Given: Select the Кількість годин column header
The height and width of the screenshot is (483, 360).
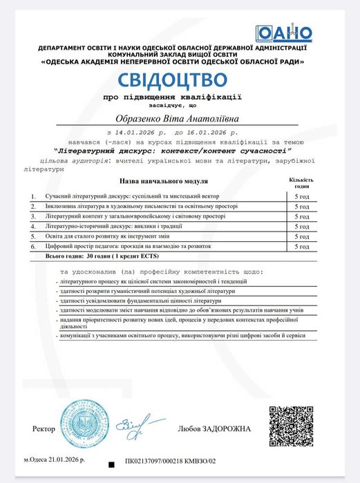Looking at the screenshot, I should coord(301,182).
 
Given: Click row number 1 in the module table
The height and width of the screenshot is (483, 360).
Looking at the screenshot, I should coord(33,197).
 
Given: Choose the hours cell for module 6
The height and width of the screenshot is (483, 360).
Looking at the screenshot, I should coord(301,245).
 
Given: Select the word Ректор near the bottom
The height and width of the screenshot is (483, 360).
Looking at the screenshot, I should coord(43,429).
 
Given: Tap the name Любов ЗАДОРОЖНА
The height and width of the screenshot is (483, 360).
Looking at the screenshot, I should coord(215,429).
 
